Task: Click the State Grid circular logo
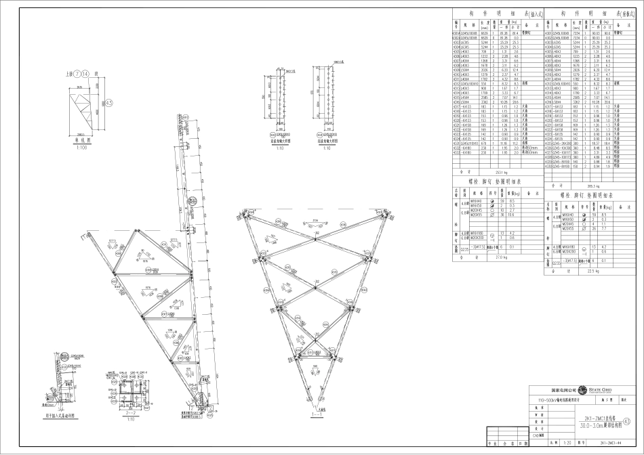click(x=582, y=391)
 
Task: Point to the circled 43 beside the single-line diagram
click(x=108, y=103)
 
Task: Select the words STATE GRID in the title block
click(x=602, y=389)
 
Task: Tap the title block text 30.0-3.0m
click(x=590, y=425)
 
